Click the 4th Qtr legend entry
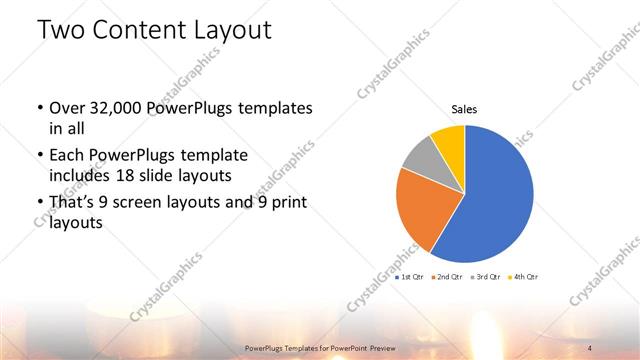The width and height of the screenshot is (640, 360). tap(523, 276)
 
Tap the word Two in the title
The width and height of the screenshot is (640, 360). tap(62, 30)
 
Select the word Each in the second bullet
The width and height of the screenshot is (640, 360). tap(66, 157)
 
